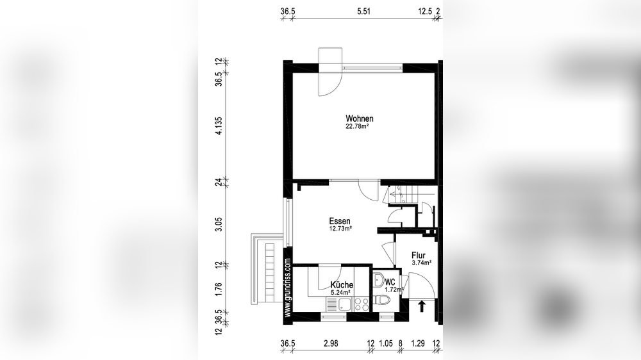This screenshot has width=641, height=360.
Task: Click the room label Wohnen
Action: tap(360, 119)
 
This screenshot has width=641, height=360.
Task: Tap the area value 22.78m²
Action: tap(357, 127)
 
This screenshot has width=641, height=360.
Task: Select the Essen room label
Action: tap(340, 222)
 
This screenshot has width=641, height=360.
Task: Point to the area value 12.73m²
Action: tap(340, 229)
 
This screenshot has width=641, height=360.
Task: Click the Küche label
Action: tap(342, 285)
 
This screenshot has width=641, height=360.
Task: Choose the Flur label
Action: tap(419, 256)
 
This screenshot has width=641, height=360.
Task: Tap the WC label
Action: tap(390, 282)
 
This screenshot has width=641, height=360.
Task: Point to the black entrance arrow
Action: tap(422, 306)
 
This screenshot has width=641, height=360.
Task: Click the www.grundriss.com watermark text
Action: tap(288, 287)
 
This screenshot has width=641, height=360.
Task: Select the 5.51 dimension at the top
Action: tap(363, 12)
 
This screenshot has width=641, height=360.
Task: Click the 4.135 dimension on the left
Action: tap(219, 126)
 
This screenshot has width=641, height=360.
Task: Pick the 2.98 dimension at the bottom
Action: tap(331, 343)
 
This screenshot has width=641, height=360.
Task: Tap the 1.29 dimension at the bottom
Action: tap(418, 343)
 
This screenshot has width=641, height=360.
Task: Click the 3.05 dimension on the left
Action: tap(219, 224)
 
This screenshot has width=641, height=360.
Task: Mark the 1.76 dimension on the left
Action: tap(219, 288)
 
